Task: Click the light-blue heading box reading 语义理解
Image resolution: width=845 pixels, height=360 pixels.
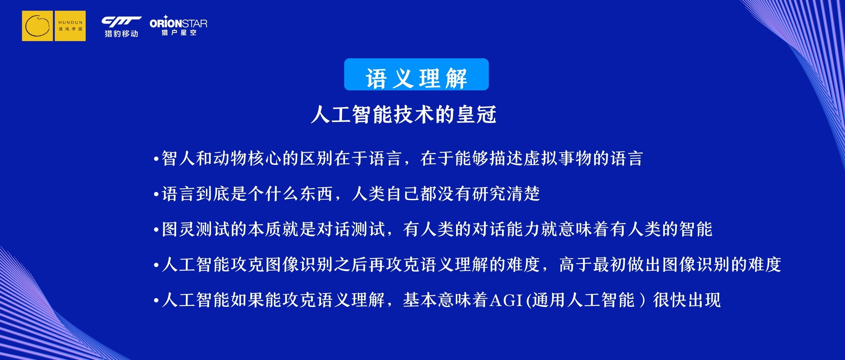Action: pos(416,74)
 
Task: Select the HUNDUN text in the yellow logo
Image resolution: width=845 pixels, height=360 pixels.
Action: pos(70,23)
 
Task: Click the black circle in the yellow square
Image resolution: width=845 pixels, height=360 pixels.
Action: pos(38,26)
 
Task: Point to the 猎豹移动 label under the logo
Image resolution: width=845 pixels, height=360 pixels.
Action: pos(121,33)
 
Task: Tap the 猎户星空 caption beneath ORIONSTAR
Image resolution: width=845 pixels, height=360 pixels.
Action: pos(179,32)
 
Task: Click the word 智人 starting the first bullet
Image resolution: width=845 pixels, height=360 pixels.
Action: pos(179,159)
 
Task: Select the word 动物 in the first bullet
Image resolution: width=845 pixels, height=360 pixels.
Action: pos(230,159)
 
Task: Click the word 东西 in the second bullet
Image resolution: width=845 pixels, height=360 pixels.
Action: pos(316,194)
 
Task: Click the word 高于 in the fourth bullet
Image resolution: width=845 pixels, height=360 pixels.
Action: pos(576,264)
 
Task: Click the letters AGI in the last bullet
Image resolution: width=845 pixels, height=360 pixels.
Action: pos(506,300)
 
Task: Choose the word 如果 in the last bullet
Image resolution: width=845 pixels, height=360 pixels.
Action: pos(247,300)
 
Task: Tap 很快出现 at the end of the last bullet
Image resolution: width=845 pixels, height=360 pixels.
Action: pos(687,300)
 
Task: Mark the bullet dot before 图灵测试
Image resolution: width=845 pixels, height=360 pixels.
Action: pos(157,231)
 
